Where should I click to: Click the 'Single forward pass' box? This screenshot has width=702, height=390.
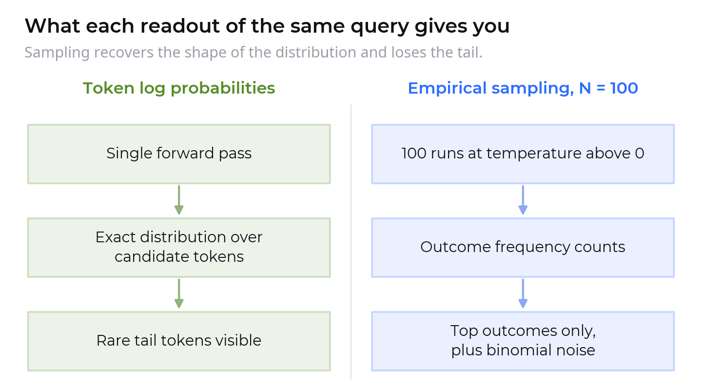pyautogui.click(x=179, y=154)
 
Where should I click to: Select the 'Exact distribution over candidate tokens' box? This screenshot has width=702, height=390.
pyautogui.click(x=179, y=248)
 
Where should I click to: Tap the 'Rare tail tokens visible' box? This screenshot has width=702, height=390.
pyautogui.click(x=179, y=341)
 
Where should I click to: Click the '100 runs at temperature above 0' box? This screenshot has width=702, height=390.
pyautogui.click(x=523, y=154)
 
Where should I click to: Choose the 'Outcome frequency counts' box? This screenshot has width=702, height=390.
pyautogui.click(x=523, y=248)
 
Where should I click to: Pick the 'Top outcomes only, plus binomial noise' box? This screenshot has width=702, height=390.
pyautogui.click(x=523, y=341)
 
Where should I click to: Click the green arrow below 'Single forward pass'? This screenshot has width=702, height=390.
pyautogui.click(x=179, y=200)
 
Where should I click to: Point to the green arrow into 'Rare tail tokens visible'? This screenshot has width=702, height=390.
pyautogui.click(x=179, y=294)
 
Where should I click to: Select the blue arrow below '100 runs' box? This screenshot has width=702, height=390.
pyautogui.click(x=523, y=200)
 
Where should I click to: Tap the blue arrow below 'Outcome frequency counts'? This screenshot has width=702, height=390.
pyautogui.click(x=523, y=294)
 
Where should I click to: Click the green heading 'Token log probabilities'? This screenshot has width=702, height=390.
pyautogui.click(x=179, y=88)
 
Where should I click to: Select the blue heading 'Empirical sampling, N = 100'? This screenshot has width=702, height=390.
pyautogui.click(x=523, y=88)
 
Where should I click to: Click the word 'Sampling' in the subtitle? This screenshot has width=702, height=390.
pyautogui.click(x=57, y=53)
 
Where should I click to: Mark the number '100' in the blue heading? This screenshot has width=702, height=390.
pyautogui.click(x=624, y=88)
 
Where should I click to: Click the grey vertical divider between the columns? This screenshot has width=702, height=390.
pyautogui.click(x=351, y=242)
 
